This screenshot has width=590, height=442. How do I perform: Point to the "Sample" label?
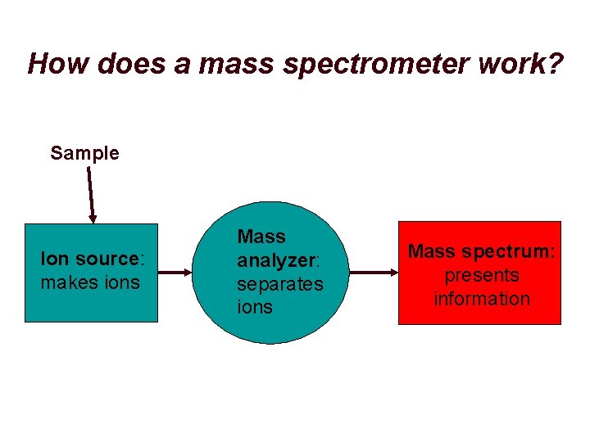[x=84, y=153]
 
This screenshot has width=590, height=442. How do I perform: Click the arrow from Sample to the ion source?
[x=90, y=192]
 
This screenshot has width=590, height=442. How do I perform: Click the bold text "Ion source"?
[x=90, y=259]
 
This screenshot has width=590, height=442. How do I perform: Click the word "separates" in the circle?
[x=280, y=284]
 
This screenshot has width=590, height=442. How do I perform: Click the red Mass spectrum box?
[x=480, y=315]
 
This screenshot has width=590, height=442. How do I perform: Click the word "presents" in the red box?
[x=482, y=275]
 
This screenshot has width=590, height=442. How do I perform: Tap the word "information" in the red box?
[x=482, y=298]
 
